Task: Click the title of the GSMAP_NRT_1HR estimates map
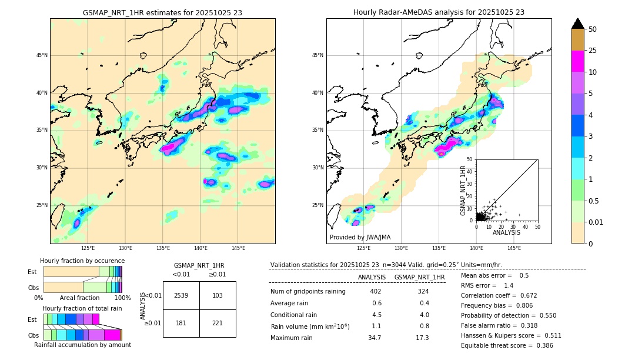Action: click(x=162, y=12)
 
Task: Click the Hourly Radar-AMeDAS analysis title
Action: click(x=439, y=12)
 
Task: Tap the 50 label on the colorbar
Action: click(x=593, y=29)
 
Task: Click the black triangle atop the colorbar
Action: click(x=578, y=24)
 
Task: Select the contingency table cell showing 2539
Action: click(x=181, y=295)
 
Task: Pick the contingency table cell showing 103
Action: click(x=218, y=295)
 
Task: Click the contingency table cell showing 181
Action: click(x=181, y=323)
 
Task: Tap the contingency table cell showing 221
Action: click(x=218, y=323)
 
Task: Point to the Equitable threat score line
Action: click(x=507, y=345)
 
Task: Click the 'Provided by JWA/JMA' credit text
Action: click(x=360, y=237)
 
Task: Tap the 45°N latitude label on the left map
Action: click(x=42, y=55)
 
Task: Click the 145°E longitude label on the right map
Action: click(x=514, y=249)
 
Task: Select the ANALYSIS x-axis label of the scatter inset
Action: click(x=506, y=232)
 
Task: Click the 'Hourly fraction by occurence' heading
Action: click(x=82, y=261)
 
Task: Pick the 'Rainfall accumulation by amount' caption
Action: click(x=82, y=345)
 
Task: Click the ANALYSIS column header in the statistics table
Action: click(x=372, y=277)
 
